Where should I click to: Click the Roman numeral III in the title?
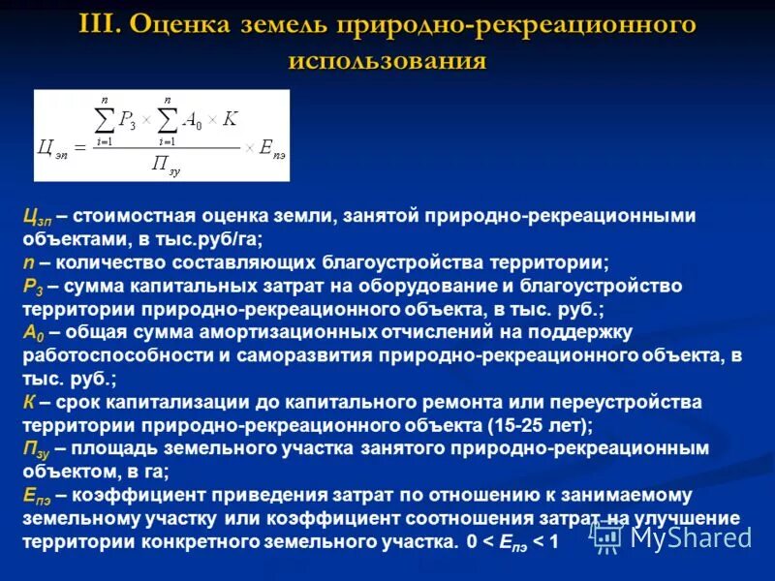point(100,24)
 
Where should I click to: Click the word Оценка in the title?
point(185,24)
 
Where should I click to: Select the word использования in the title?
point(387,61)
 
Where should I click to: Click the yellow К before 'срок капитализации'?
point(31,402)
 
